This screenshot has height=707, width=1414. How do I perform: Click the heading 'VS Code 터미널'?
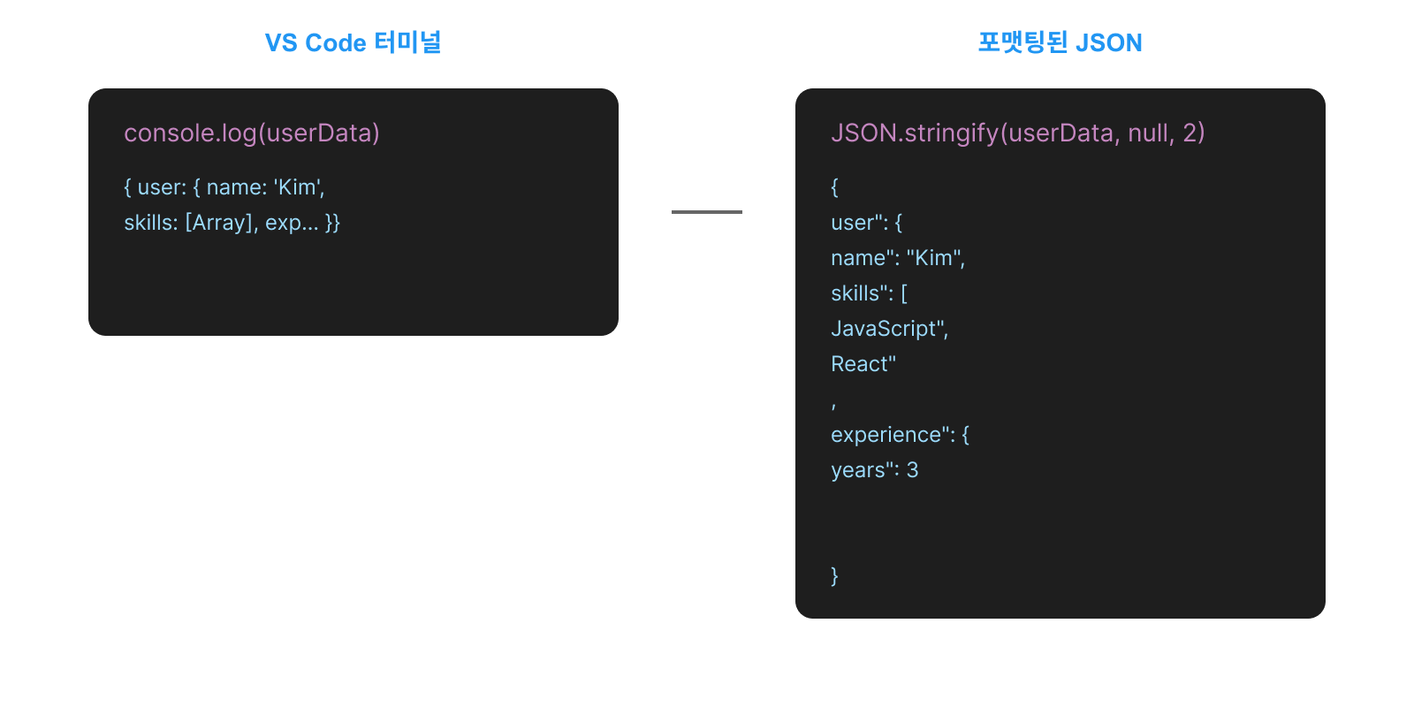pyautogui.click(x=353, y=42)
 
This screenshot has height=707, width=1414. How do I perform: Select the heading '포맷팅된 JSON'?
pyautogui.click(x=1060, y=42)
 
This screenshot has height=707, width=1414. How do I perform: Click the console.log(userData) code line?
pyautogui.click(x=252, y=133)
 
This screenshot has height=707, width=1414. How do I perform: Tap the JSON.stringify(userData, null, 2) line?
pyautogui.click(x=1017, y=133)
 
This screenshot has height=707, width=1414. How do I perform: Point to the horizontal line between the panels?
pyautogui.click(x=706, y=212)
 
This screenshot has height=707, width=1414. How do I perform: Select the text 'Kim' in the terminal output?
pyautogui.click(x=298, y=187)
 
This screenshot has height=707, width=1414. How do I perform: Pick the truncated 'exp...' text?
pyautogui.click(x=292, y=223)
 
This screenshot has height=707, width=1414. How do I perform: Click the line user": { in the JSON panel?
pyautogui.click(x=866, y=223)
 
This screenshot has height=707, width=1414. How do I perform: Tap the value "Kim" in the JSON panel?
pyautogui.click(x=934, y=258)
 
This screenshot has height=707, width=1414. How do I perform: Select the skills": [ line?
pyautogui.click(x=869, y=293)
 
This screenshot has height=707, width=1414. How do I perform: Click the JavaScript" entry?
pyautogui.click(x=889, y=329)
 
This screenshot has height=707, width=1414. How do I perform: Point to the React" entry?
pyautogui.click(x=863, y=364)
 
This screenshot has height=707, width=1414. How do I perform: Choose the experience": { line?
pyautogui.click(x=900, y=435)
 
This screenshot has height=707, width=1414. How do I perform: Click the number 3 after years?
pyautogui.click(x=912, y=470)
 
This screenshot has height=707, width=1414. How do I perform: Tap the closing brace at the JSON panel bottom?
pyautogui.click(x=834, y=576)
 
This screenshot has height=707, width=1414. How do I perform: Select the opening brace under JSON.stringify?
pyautogui.click(x=834, y=187)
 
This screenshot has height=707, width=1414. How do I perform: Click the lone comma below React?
pyautogui.click(x=833, y=405)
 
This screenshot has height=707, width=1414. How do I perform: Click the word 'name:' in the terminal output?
pyautogui.click(x=236, y=187)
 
